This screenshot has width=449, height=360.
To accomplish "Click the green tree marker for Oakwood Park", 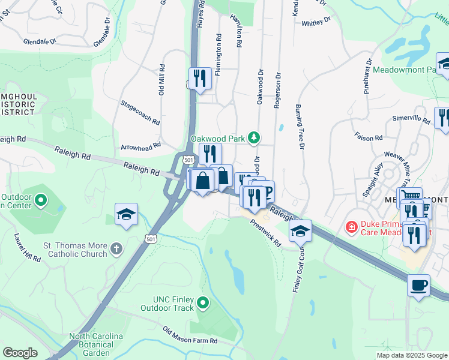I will pyautogui.click(x=255, y=139).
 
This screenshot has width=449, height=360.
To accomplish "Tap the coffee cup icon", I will pyautogui.click(x=418, y=285).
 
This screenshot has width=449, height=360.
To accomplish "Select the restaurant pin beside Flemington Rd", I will pyautogui.click(x=199, y=78).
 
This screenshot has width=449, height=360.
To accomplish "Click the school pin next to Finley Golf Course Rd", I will pyautogui.click(x=300, y=231).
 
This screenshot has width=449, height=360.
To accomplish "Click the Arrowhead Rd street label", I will pyautogui.click(x=141, y=146).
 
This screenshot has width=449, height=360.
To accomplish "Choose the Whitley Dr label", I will pyautogui.click(x=316, y=22).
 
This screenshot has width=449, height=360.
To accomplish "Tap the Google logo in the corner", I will pyautogui.click(x=20, y=352).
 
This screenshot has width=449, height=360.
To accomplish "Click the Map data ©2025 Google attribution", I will pyautogui.click(x=411, y=355).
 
